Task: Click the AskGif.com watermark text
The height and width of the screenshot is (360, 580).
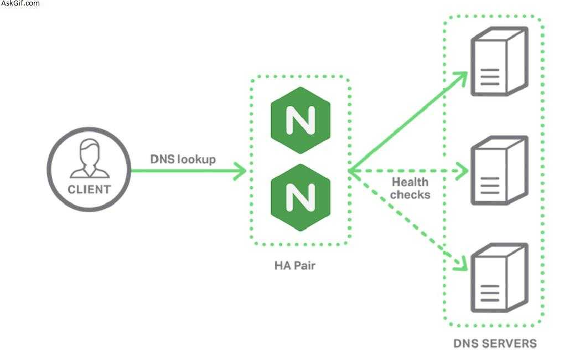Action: coord(20,3)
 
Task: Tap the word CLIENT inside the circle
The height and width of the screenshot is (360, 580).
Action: coord(89,189)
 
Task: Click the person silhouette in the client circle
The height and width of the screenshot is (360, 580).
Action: coord(90,158)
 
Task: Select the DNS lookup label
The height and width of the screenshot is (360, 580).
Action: coord(183,159)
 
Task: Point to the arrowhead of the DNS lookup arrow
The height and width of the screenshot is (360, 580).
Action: coord(240,171)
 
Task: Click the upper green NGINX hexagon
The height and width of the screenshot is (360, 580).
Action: coord(301,120)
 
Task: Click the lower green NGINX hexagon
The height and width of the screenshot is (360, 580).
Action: coord(301,197)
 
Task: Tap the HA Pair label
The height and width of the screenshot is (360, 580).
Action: coord(295,265)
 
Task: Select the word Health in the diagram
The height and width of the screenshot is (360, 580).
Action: coord(410,182)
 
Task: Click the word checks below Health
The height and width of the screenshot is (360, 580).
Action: coord(410,194)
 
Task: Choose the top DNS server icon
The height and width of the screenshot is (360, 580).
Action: coord(499,61)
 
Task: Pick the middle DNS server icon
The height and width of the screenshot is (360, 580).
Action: coord(499,170)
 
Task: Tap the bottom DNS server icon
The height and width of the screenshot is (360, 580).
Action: coord(499,277)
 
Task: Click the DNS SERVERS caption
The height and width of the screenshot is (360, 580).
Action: coord(495,343)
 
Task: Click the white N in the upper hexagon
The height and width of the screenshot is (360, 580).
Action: coord(301,120)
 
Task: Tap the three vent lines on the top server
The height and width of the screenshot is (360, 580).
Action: coord(490,76)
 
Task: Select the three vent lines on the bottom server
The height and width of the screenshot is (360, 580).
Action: coord(490,293)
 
